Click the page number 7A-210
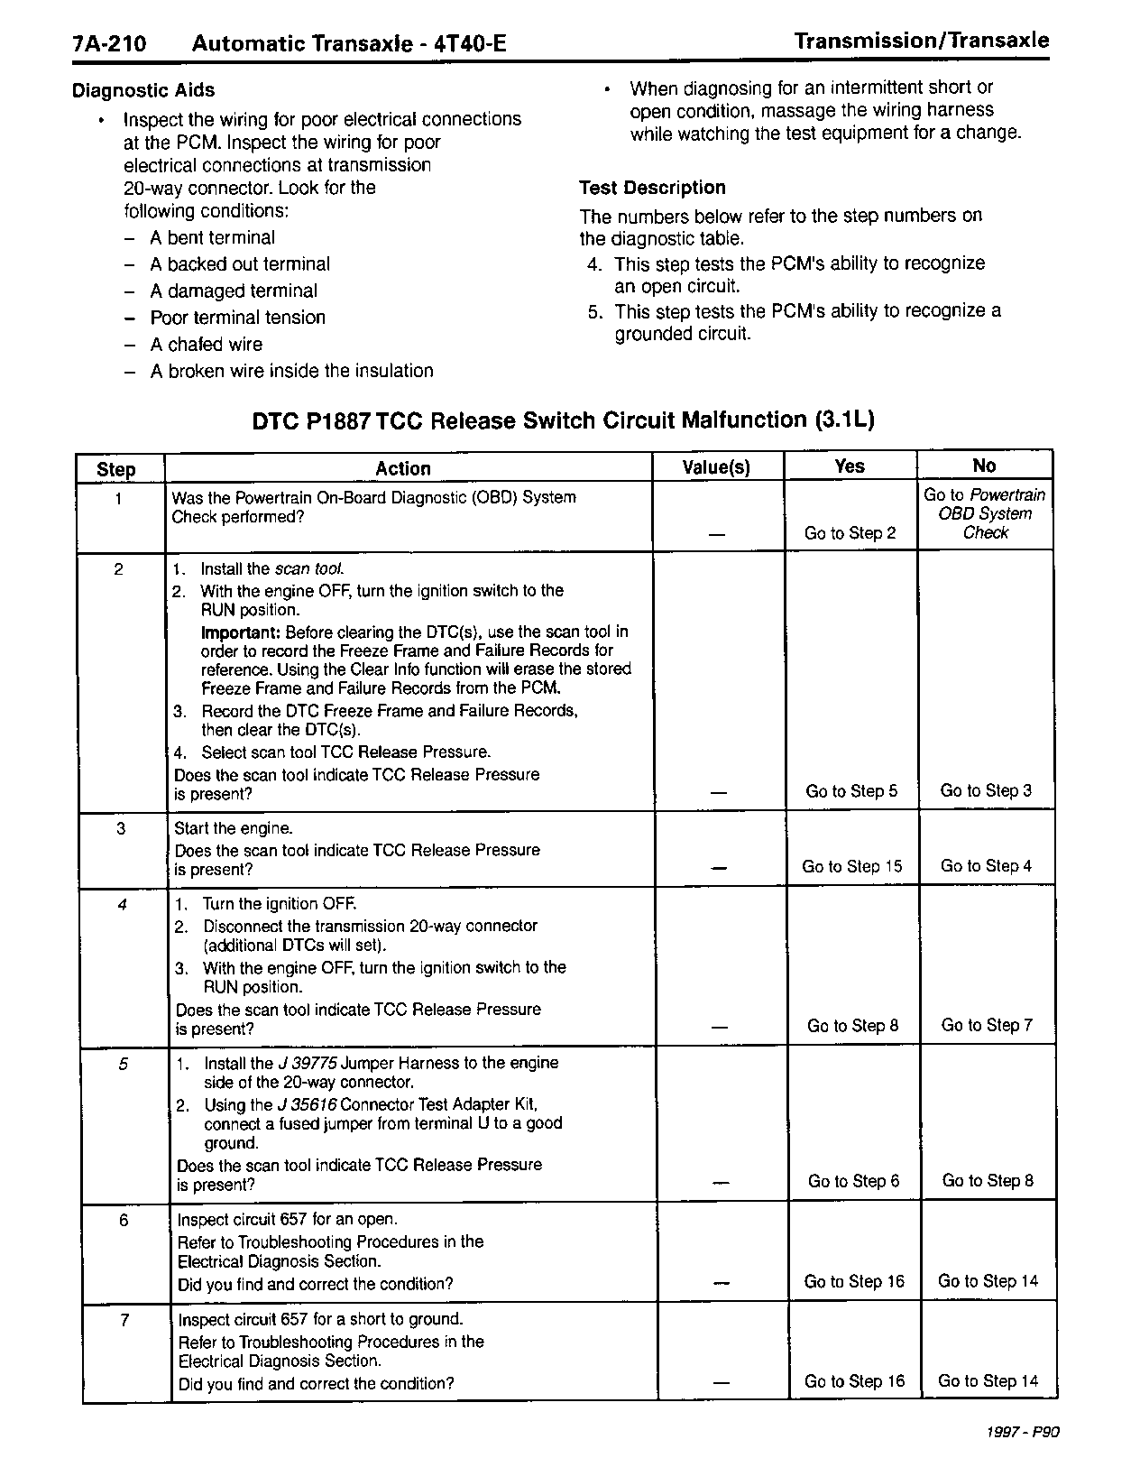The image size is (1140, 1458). [x=110, y=44]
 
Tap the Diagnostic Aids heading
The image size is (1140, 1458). [x=143, y=90]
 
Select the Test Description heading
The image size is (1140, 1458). [x=652, y=188]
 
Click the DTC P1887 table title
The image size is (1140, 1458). [x=563, y=420]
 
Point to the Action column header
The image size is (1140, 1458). [x=403, y=468]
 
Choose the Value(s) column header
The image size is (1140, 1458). [x=716, y=467]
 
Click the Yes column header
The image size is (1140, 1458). [x=850, y=466]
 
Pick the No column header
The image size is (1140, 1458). [x=984, y=466]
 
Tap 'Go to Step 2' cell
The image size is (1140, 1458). [x=850, y=533]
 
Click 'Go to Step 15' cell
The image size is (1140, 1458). [x=852, y=866]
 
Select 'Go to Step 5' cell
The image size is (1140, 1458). [x=852, y=791]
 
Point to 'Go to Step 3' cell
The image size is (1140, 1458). [x=986, y=790]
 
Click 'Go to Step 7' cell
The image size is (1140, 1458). [x=987, y=1025]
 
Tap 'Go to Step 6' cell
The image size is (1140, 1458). [x=854, y=1181]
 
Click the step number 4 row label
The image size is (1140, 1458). [x=123, y=905]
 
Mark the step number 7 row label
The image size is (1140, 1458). [x=125, y=1321]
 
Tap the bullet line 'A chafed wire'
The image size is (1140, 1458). [x=206, y=345]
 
